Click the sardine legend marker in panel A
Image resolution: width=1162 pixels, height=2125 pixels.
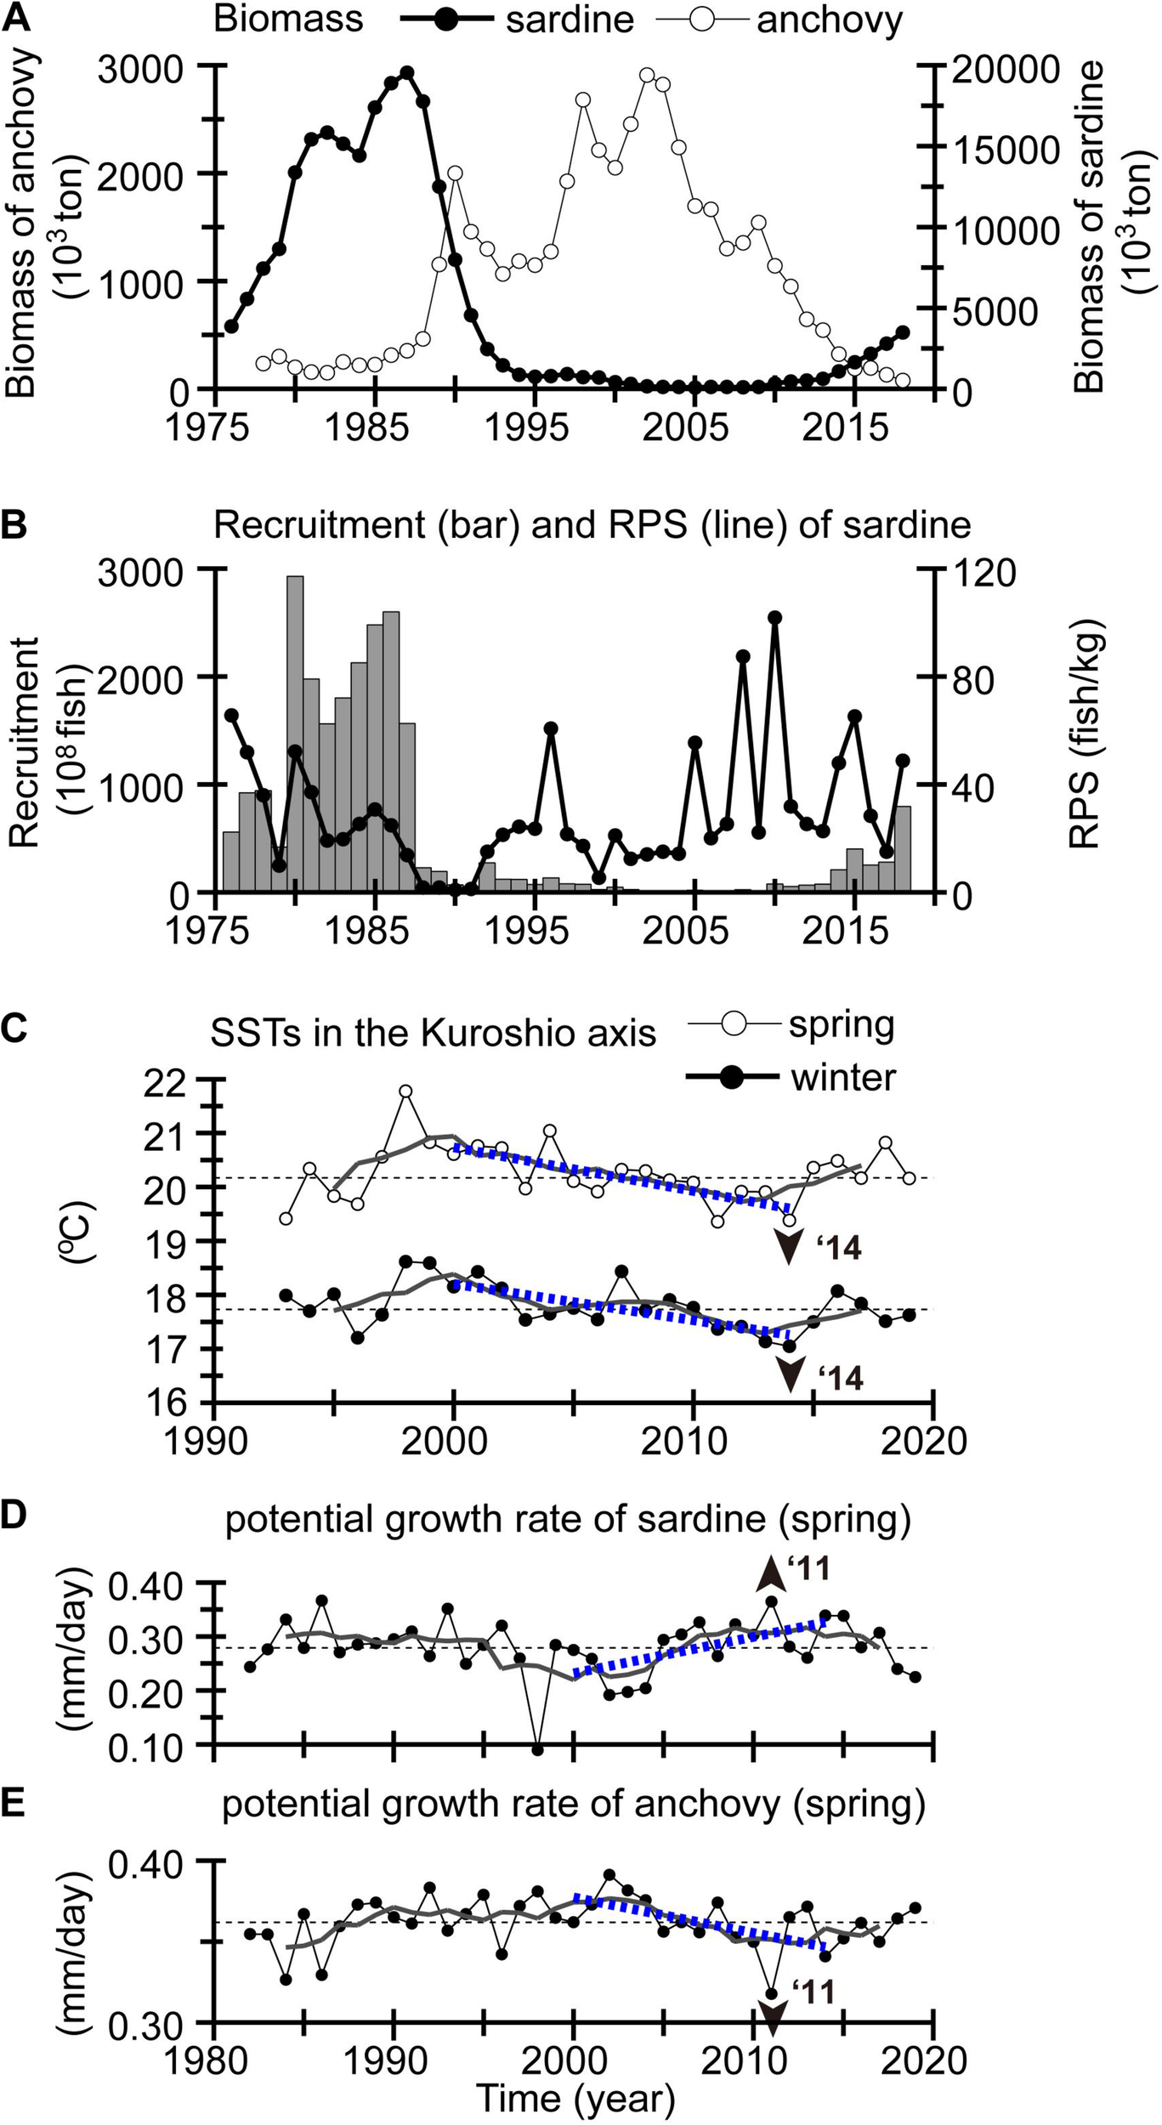[445, 20]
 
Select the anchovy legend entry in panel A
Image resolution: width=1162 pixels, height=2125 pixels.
[829, 20]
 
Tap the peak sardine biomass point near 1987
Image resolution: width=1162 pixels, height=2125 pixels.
[407, 73]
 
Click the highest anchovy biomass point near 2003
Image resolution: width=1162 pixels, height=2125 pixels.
[648, 75]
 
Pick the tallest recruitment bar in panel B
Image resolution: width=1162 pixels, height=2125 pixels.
[295, 733]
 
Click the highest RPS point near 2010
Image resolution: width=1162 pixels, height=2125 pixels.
[774, 618]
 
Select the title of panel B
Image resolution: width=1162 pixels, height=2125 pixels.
[592, 524]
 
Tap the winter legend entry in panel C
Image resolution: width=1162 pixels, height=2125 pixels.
[842, 1078]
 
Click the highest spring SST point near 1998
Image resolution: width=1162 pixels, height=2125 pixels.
[405, 1091]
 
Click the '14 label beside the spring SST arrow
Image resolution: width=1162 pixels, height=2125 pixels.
[840, 1249]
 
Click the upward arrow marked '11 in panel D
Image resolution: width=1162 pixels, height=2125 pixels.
[771, 1572]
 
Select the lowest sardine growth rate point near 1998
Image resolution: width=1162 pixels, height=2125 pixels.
[537, 1749]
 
